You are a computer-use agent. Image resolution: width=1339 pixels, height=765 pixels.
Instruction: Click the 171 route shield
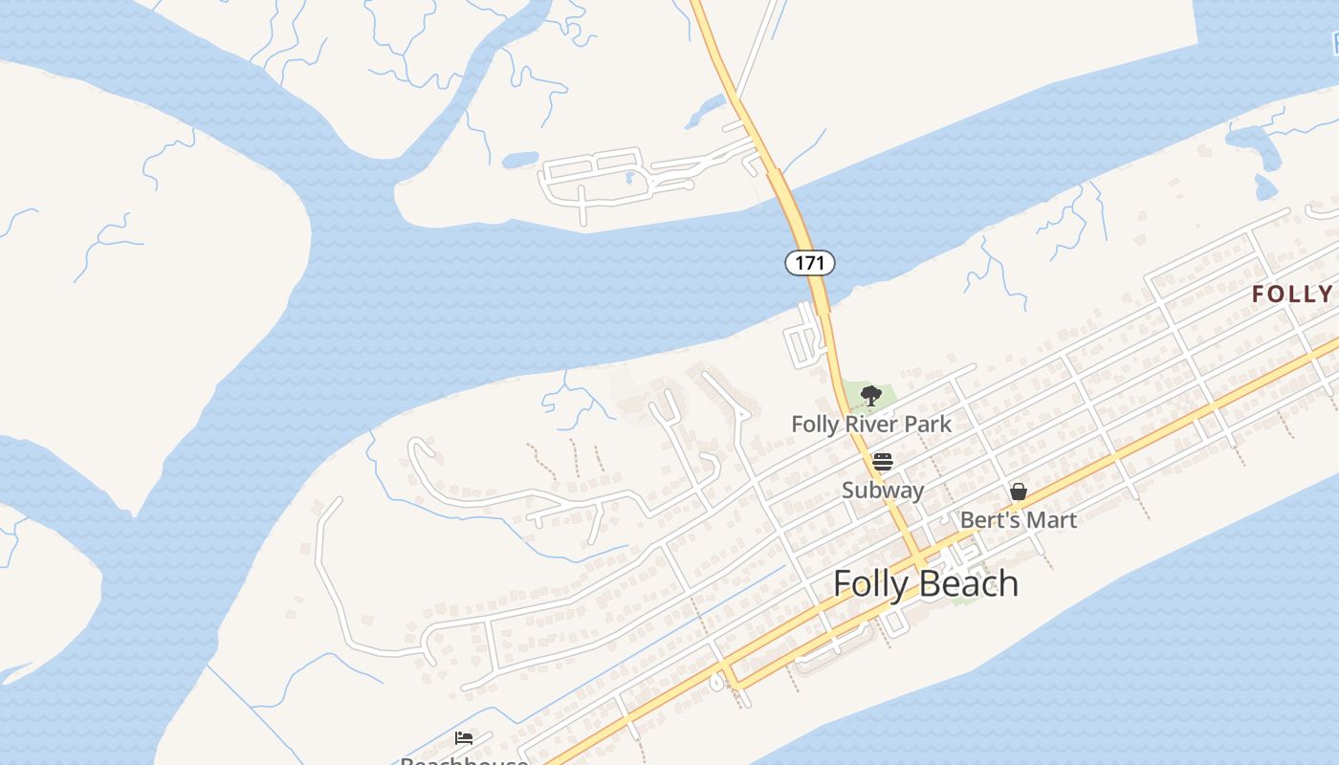[810, 262]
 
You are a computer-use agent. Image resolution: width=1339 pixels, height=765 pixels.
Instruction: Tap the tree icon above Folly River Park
[870, 395]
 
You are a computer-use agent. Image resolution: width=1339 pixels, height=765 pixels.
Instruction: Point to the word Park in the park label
[928, 424]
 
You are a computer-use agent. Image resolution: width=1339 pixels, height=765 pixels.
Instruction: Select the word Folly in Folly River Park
[815, 424]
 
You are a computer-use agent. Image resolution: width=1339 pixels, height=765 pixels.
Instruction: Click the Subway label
[883, 491]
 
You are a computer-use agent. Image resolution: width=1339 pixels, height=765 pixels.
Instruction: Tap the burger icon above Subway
[882, 462]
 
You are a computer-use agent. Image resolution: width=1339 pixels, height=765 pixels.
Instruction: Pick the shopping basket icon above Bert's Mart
[1019, 492]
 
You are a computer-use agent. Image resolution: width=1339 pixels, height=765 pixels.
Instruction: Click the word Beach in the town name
[970, 583]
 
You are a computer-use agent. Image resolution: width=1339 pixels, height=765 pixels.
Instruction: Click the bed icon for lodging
[464, 737]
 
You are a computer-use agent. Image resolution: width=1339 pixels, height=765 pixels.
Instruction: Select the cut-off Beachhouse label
[464, 760]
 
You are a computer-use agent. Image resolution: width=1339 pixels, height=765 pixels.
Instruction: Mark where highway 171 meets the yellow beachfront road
[919, 560]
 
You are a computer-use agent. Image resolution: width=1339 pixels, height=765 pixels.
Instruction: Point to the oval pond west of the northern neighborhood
[520, 159]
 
